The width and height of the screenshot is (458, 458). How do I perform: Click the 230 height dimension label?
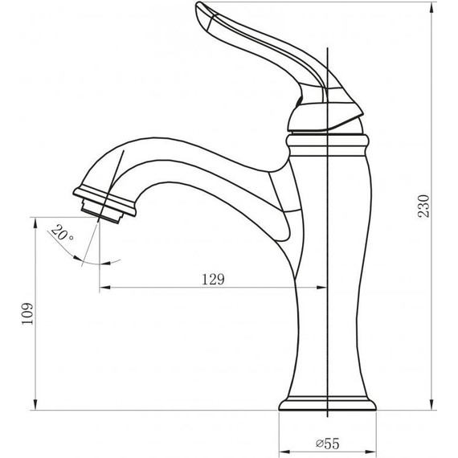pos(424,207)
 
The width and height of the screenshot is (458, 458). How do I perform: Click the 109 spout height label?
pos(28,313)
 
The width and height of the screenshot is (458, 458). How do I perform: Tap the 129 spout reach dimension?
pos(214,280)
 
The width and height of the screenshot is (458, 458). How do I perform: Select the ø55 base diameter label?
pos(328,444)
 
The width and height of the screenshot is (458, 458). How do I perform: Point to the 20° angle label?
pos(62,233)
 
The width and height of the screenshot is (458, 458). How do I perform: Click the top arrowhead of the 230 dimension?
pos(432,7)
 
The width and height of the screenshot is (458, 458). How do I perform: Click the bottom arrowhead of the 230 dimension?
pos(432,404)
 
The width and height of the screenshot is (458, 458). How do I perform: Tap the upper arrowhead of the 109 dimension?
pos(35,223)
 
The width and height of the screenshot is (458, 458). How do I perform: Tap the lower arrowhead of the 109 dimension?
pos(35,404)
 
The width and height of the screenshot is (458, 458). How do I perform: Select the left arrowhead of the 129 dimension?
pos(105,288)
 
